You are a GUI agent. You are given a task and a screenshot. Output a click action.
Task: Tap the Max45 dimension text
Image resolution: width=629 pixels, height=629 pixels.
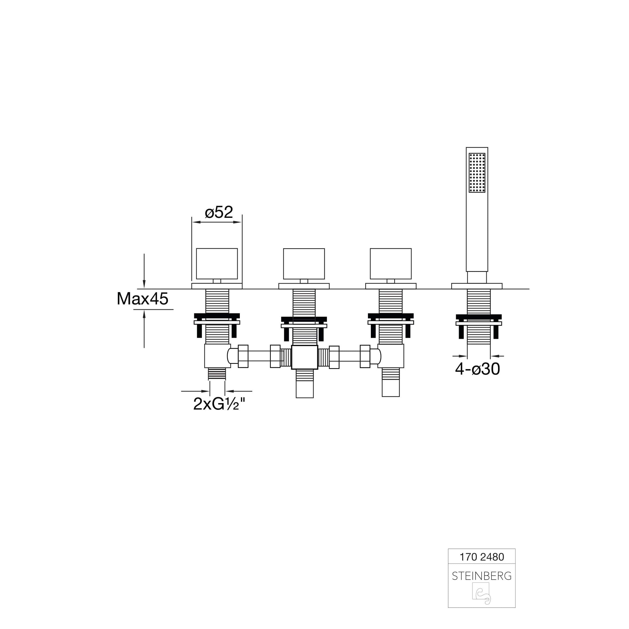(143, 298)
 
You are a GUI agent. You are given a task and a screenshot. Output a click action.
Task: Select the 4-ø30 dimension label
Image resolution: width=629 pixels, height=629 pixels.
(477, 369)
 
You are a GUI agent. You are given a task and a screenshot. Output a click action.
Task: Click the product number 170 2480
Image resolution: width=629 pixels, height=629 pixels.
(482, 557)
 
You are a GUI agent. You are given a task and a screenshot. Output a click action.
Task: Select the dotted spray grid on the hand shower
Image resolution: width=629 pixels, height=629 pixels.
(477, 173)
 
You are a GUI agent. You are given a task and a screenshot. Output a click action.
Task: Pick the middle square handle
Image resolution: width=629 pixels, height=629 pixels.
(304, 264)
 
